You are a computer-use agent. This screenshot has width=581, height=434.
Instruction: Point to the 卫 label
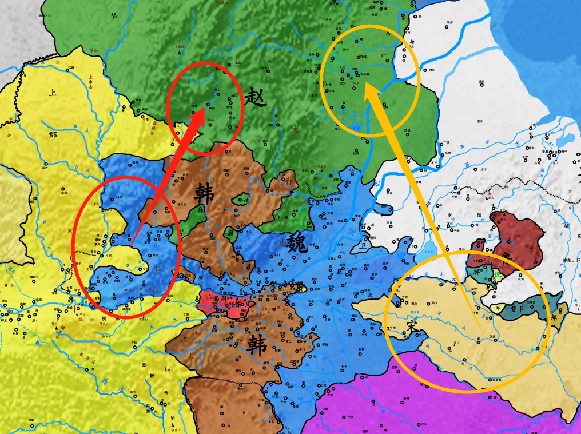(361, 246)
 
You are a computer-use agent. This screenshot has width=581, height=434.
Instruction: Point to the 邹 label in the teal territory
(476, 272)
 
